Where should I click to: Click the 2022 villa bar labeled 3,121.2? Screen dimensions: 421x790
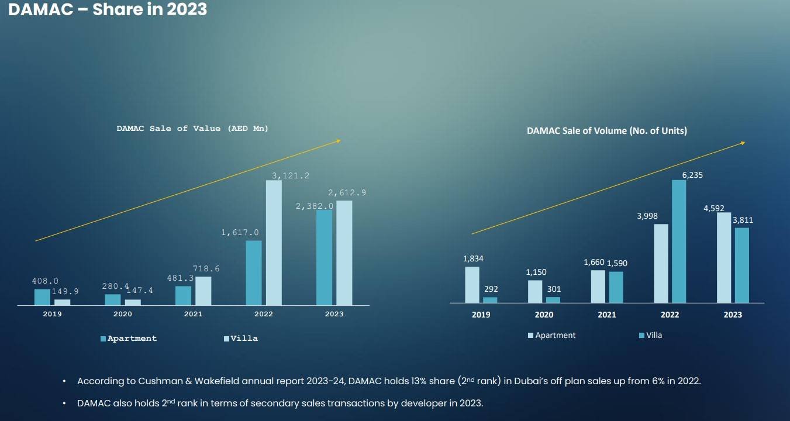pos(274,243)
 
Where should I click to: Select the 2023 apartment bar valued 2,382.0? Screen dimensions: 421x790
pos(324,257)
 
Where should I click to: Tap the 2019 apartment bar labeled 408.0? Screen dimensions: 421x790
pos(42,297)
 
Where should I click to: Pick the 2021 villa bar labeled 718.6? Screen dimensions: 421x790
pos(203,291)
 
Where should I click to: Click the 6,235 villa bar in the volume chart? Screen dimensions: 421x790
pos(679,241)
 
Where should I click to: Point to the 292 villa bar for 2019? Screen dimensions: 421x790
pos(490,300)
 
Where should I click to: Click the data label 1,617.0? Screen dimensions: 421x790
pos(240,233)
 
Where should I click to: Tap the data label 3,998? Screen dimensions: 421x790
pos(647,216)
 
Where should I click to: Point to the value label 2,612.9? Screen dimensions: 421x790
pos(347,193)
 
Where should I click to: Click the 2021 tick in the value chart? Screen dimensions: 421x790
pos(193,314)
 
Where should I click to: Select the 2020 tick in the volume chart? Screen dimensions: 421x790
pos(544,315)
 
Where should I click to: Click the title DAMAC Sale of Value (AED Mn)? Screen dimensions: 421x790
pos(192,129)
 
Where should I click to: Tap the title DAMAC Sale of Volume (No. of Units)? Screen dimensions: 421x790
pos(607,131)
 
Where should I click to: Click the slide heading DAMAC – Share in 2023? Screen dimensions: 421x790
pos(108,9)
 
